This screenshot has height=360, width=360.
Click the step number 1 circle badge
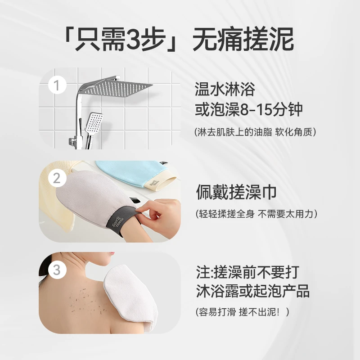[x=57, y=85]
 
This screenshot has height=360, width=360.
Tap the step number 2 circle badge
[x=57, y=178]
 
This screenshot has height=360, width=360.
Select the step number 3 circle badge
[x=57, y=270]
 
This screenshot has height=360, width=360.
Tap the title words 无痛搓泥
[x=243, y=40]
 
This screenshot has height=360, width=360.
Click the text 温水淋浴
[x=225, y=89]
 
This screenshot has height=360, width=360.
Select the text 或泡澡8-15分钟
[x=249, y=110]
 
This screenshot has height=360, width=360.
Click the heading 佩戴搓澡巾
[x=236, y=192]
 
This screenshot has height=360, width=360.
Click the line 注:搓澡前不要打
[x=247, y=272]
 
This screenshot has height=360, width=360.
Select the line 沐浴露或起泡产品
[x=252, y=291]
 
